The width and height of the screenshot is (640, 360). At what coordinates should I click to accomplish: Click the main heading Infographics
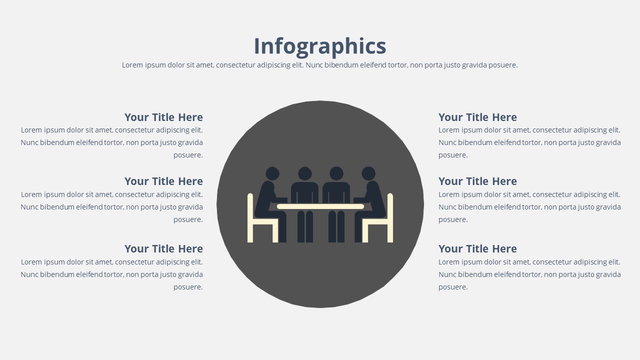[320, 46]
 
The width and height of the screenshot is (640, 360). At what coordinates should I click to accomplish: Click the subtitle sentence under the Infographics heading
[319, 65]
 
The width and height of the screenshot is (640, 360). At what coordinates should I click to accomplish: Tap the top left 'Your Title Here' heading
[163, 117]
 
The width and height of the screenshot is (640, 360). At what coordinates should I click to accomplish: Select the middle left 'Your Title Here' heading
[163, 181]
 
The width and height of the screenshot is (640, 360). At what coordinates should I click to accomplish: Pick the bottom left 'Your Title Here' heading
[163, 248]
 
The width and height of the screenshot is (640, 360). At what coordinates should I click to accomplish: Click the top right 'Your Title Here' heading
[477, 117]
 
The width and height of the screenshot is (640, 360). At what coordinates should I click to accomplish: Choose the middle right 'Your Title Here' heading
[477, 181]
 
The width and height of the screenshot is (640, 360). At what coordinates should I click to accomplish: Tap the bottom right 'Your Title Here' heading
[477, 248]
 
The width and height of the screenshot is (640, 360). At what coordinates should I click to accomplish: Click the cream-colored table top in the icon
[320, 206]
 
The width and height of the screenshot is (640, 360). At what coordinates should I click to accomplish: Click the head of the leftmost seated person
[272, 173]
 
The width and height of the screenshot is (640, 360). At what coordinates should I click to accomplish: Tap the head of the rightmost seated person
[368, 173]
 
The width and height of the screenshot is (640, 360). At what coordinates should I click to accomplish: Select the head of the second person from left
[305, 173]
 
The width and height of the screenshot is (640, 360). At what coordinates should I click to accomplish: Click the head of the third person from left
[336, 173]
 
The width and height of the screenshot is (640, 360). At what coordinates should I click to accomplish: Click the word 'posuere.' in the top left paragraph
[188, 155]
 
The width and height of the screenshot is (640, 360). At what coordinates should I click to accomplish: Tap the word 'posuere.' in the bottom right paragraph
[453, 287]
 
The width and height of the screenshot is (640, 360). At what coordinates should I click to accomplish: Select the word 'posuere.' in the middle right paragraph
[453, 219]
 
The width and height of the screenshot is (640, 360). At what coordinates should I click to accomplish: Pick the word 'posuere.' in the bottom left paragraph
[188, 287]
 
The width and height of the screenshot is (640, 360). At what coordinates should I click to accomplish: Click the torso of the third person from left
[336, 192]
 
